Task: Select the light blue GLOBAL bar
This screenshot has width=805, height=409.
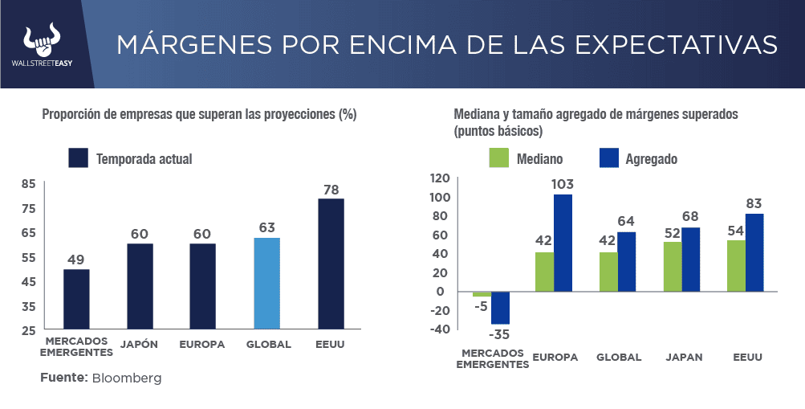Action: pyautogui.click(x=266, y=283)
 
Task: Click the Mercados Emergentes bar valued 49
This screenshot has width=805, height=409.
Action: pyautogui.click(x=76, y=299)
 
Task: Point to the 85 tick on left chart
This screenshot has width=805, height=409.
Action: pyautogui.click(x=28, y=184)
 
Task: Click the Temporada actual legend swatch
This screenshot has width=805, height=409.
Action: pyautogui.click(x=78, y=158)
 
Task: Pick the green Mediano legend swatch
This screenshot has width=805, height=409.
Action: pyautogui.click(x=499, y=158)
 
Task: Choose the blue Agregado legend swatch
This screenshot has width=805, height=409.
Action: pyautogui.click(x=609, y=158)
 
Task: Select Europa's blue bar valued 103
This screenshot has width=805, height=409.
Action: pyautogui.click(x=563, y=242)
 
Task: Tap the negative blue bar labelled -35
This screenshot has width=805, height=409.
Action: pyautogui.click(x=500, y=308)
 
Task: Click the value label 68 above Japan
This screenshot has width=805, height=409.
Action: pyautogui.click(x=690, y=216)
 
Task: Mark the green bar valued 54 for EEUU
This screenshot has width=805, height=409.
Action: pyautogui.click(x=736, y=266)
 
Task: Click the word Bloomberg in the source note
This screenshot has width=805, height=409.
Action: pyautogui.click(x=127, y=378)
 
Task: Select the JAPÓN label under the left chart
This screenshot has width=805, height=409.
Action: pyautogui.click(x=139, y=345)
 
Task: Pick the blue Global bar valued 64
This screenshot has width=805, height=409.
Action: pyautogui.click(x=626, y=261)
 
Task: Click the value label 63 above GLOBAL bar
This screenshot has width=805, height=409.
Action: pyautogui.click(x=266, y=227)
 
